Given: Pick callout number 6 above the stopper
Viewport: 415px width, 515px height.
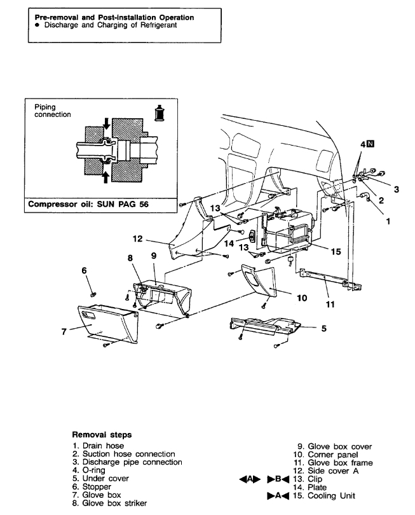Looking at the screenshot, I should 84,270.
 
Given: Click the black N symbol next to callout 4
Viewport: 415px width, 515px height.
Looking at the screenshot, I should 370,144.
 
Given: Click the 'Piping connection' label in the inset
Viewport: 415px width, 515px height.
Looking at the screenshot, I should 52,111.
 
